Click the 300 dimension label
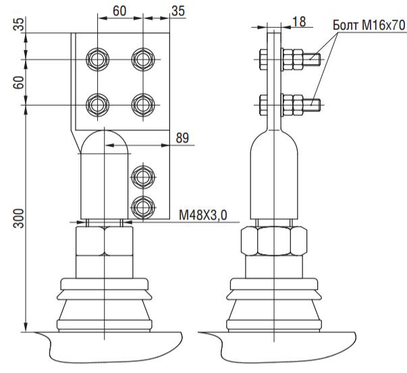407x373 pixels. click(18, 219)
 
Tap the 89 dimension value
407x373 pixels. click(182, 138)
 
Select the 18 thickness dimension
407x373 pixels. click(299, 22)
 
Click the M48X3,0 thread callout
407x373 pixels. click(203, 216)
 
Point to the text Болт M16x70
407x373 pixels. click(369, 26)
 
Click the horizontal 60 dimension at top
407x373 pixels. click(119, 11)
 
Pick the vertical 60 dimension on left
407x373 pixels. click(18, 82)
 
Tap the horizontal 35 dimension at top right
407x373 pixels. click(178, 11)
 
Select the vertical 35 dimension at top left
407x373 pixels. click(18, 24)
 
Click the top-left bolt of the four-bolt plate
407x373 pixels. click(97, 59)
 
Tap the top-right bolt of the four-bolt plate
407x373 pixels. click(143, 59)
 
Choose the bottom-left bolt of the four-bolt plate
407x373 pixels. click(97, 105)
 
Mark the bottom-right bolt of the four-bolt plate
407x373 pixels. click(143, 105)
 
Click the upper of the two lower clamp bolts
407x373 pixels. click(143, 177)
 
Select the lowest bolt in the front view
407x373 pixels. click(143, 207)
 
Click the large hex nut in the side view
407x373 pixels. click(274, 241)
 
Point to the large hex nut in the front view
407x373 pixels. click(105, 241)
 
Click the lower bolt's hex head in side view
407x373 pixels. click(263, 105)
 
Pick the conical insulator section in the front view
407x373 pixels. click(105, 310)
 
